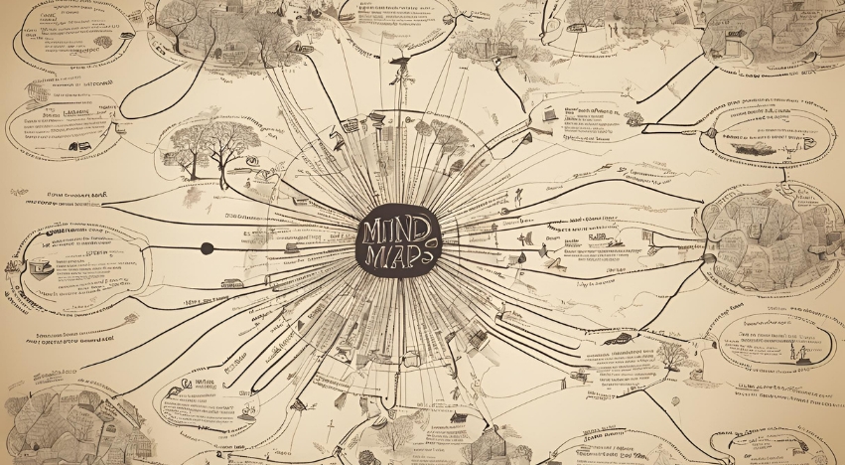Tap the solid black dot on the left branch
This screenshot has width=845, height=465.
[207, 247]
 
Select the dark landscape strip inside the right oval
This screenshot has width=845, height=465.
[755, 145]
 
